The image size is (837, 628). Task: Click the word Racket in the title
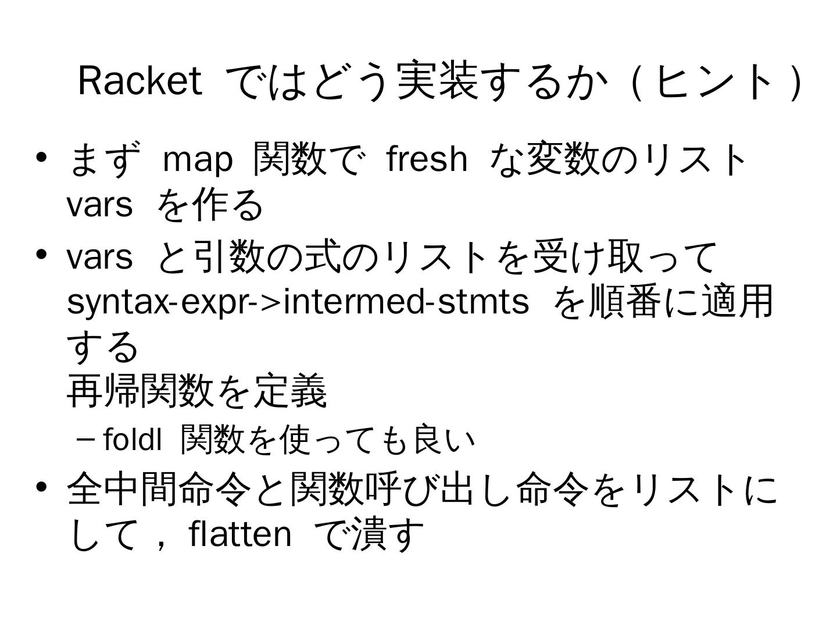pos(139,80)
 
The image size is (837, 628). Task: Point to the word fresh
pos(427,158)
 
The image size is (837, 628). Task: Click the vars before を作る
pos(99,205)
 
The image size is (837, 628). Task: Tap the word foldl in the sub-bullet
pos(133,440)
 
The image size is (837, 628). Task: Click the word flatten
pos(240,534)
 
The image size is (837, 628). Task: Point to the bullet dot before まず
pos(41,158)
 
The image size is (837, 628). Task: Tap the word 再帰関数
pos(139,390)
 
